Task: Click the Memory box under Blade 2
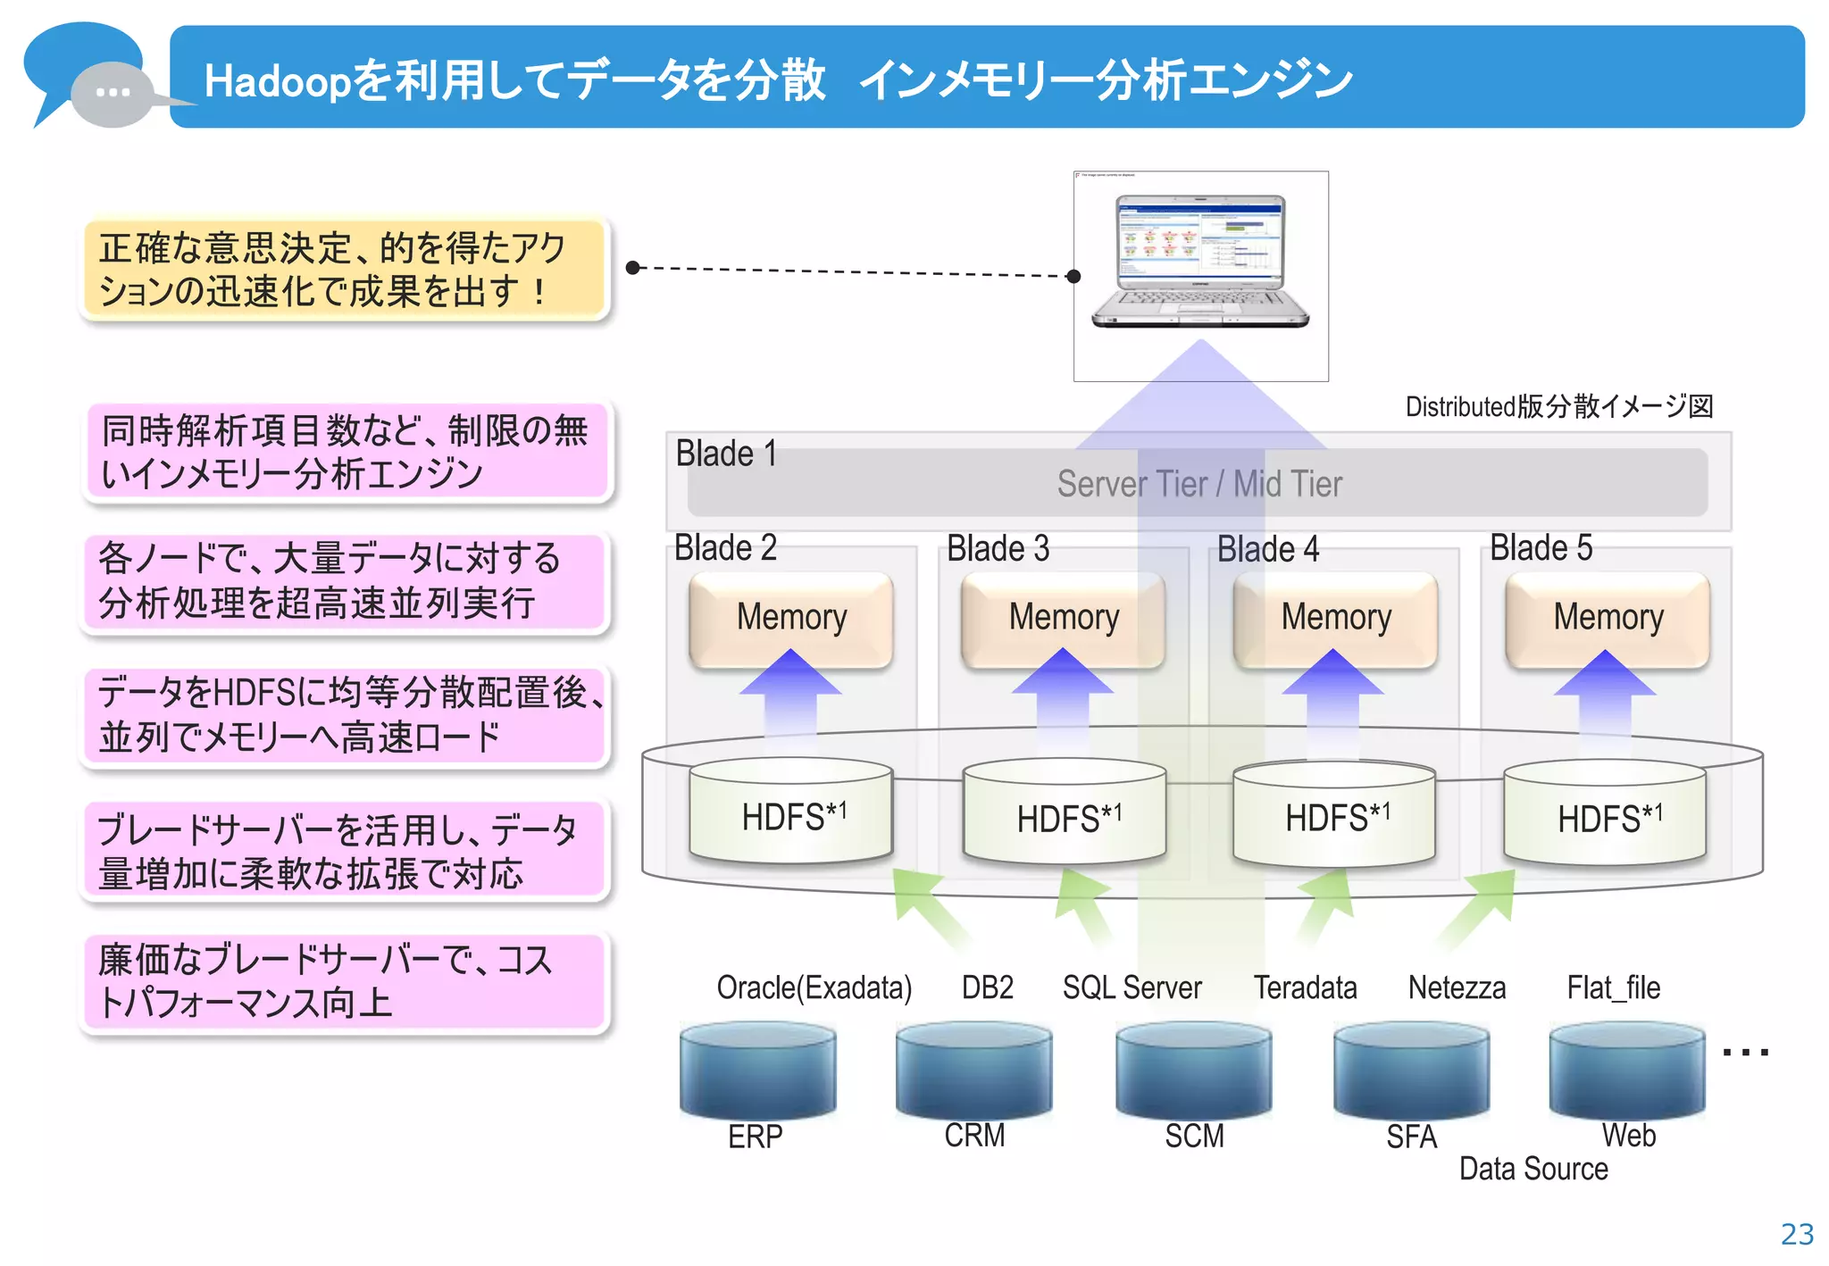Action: [791, 618]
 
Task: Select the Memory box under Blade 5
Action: [1608, 618]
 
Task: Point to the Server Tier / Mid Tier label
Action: [1198, 484]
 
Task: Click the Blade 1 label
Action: [725, 454]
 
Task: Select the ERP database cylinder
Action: [757, 1071]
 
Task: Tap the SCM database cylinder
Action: [1193, 1071]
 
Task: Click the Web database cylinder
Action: [1626, 1071]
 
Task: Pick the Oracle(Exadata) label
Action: [814, 987]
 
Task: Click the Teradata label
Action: [1305, 987]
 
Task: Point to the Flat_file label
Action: [1613, 987]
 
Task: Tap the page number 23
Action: [1797, 1234]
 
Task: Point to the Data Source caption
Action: [1533, 1169]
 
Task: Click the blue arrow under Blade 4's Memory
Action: [1332, 696]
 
